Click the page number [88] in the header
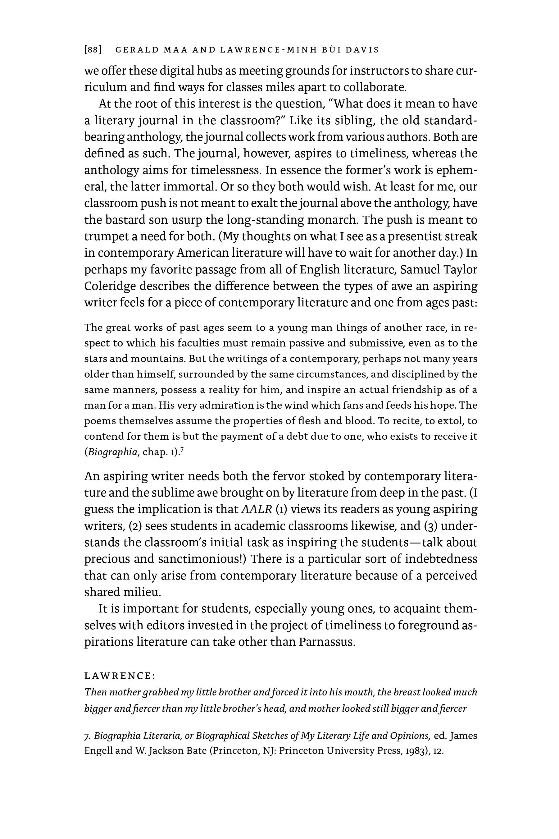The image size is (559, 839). [x=93, y=50]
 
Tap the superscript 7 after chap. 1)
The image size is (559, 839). [x=182, y=450]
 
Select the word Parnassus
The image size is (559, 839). [x=327, y=642]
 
